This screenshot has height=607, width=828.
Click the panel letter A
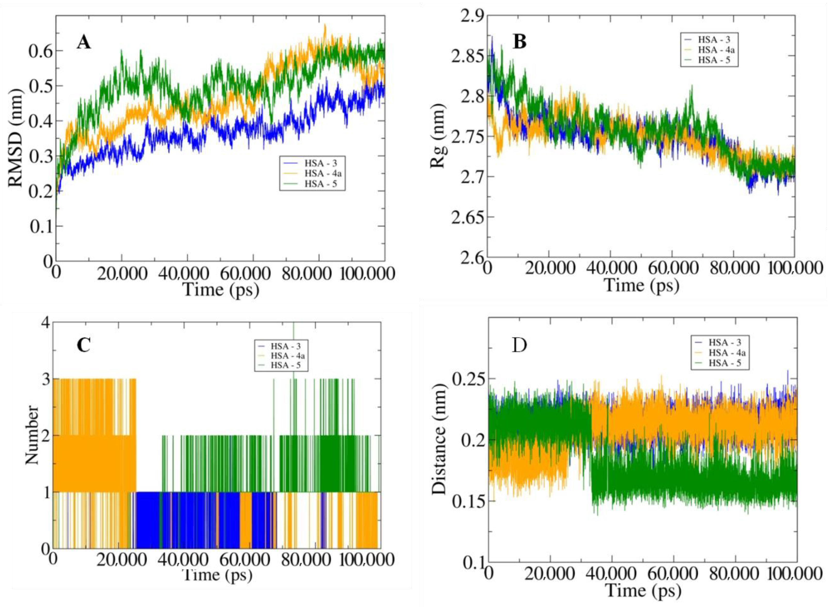84,43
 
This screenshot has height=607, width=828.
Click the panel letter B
519,42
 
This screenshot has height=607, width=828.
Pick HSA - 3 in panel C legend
285,346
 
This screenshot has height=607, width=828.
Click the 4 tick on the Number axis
45,323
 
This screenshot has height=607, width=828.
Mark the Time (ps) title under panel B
641,285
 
